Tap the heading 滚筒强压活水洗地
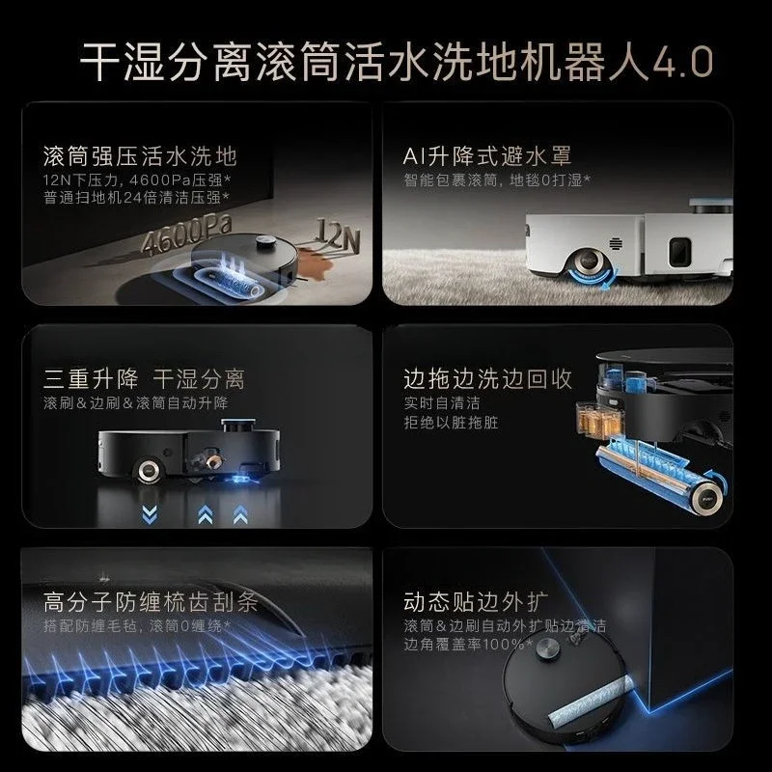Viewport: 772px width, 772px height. pyautogui.click(x=140, y=156)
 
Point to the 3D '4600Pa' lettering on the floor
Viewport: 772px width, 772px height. pyautogui.click(x=186, y=235)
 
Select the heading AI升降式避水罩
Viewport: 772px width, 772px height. pyautogui.click(x=487, y=156)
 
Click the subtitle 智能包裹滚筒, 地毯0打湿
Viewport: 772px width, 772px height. pyautogui.click(x=497, y=180)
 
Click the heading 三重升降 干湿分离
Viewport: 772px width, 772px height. pyautogui.click(x=144, y=379)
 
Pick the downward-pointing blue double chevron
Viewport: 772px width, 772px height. pyautogui.click(x=150, y=514)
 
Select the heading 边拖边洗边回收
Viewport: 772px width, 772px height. pyautogui.click(x=487, y=379)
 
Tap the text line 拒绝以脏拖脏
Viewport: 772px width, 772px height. pyautogui.click(x=451, y=423)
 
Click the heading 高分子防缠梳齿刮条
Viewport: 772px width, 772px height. pyautogui.click(x=151, y=601)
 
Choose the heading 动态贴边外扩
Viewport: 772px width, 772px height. pyautogui.click(x=476, y=601)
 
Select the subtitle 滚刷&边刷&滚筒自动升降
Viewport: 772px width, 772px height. pyautogui.click(x=136, y=402)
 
